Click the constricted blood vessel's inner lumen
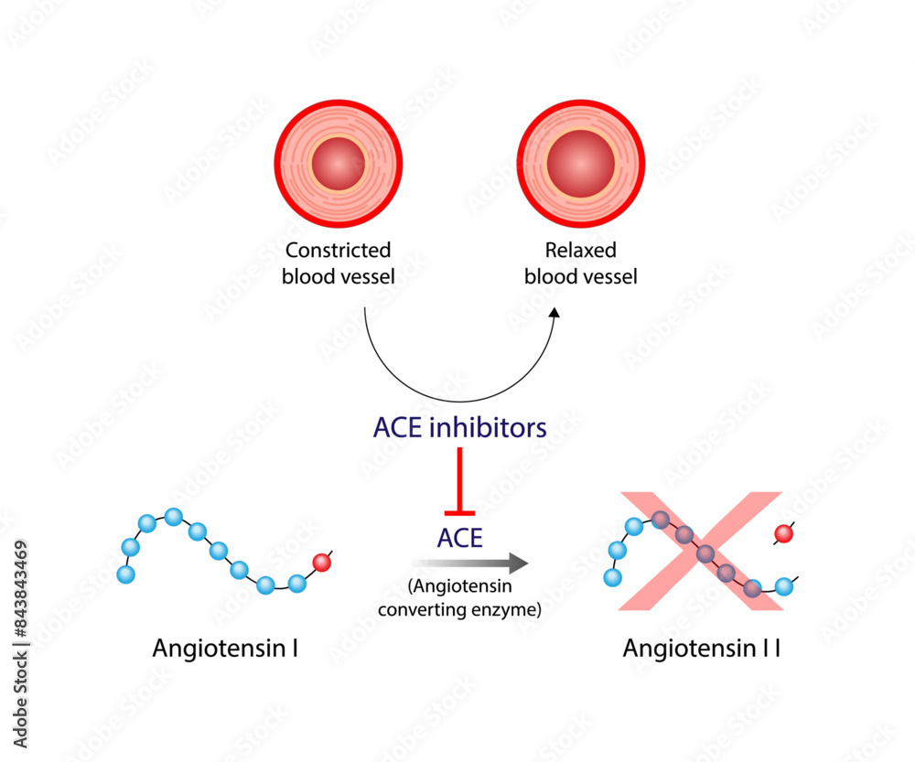[x=338, y=164]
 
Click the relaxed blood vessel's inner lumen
[x=580, y=163]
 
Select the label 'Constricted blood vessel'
[x=339, y=263]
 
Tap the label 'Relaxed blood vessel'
[x=580, y=263]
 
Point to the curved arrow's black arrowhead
[x=554, y=313]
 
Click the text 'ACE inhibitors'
[x=459, y=427]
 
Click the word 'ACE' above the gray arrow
[x=459, y=538]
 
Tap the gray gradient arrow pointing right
[x=470, y=563]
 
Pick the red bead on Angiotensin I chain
[x=321, y=562]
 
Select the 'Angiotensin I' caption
[x=226, y=649]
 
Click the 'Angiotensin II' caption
[x=702, y=649]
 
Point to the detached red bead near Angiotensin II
[x=782, y=533]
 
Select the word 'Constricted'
[x=339, y=251]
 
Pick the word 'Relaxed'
[x=580, y=251]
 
